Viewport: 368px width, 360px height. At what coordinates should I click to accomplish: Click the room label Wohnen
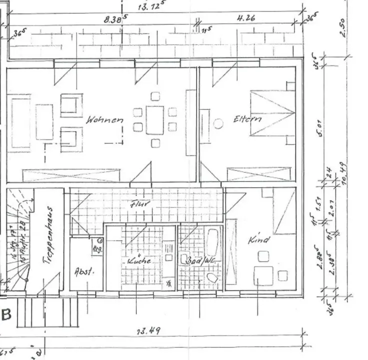[x=104, y=120]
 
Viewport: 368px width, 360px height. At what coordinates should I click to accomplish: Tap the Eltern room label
[x=247, y=120]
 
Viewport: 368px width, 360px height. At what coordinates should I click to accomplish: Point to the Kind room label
[x=259, y=241]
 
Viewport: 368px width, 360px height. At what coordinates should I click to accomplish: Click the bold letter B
[x=7, y=315]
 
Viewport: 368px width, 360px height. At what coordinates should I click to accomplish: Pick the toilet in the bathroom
[x=212, y=278]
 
